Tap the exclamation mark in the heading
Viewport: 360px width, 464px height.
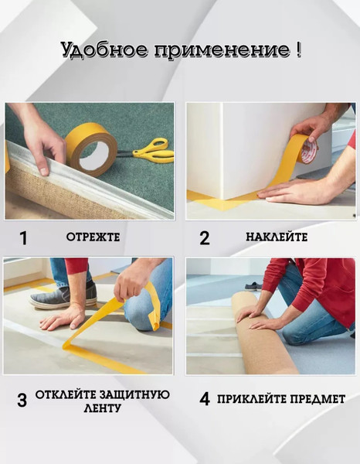(298, 50)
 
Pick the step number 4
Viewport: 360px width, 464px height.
(204, 399)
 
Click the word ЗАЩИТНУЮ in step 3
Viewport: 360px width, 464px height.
(134, 394)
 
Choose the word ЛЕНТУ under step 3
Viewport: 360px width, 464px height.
(99, 408)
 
